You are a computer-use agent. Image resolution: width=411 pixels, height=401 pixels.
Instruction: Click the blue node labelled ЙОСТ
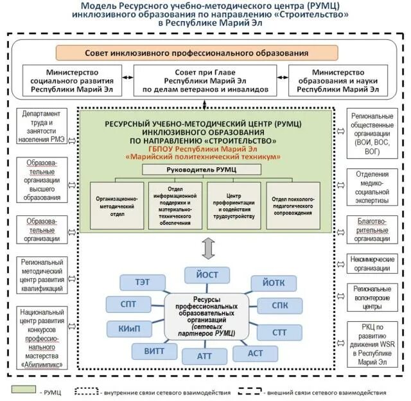click(x=207, y=274)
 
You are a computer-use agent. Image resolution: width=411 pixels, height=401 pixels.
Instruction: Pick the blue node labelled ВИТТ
click(x=154, y=351)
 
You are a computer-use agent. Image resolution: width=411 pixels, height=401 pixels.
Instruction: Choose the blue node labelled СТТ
click(x=279, y=332)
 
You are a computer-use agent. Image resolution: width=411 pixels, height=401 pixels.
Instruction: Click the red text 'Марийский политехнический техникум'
click(x=205, y=156)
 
